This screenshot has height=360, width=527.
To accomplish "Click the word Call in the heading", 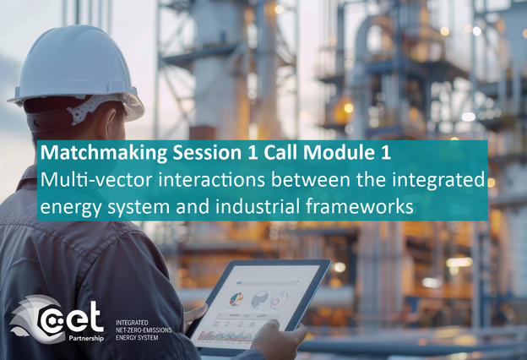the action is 280,153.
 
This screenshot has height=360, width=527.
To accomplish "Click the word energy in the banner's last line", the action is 71,208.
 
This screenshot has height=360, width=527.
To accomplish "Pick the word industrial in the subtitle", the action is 257,206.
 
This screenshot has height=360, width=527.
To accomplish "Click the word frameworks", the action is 359,206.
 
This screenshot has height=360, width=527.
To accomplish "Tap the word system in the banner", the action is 139,208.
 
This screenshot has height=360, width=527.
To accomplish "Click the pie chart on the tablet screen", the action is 236,299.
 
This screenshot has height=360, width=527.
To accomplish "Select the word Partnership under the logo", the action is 86,338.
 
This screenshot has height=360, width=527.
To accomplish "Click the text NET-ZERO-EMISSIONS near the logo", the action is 144,330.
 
